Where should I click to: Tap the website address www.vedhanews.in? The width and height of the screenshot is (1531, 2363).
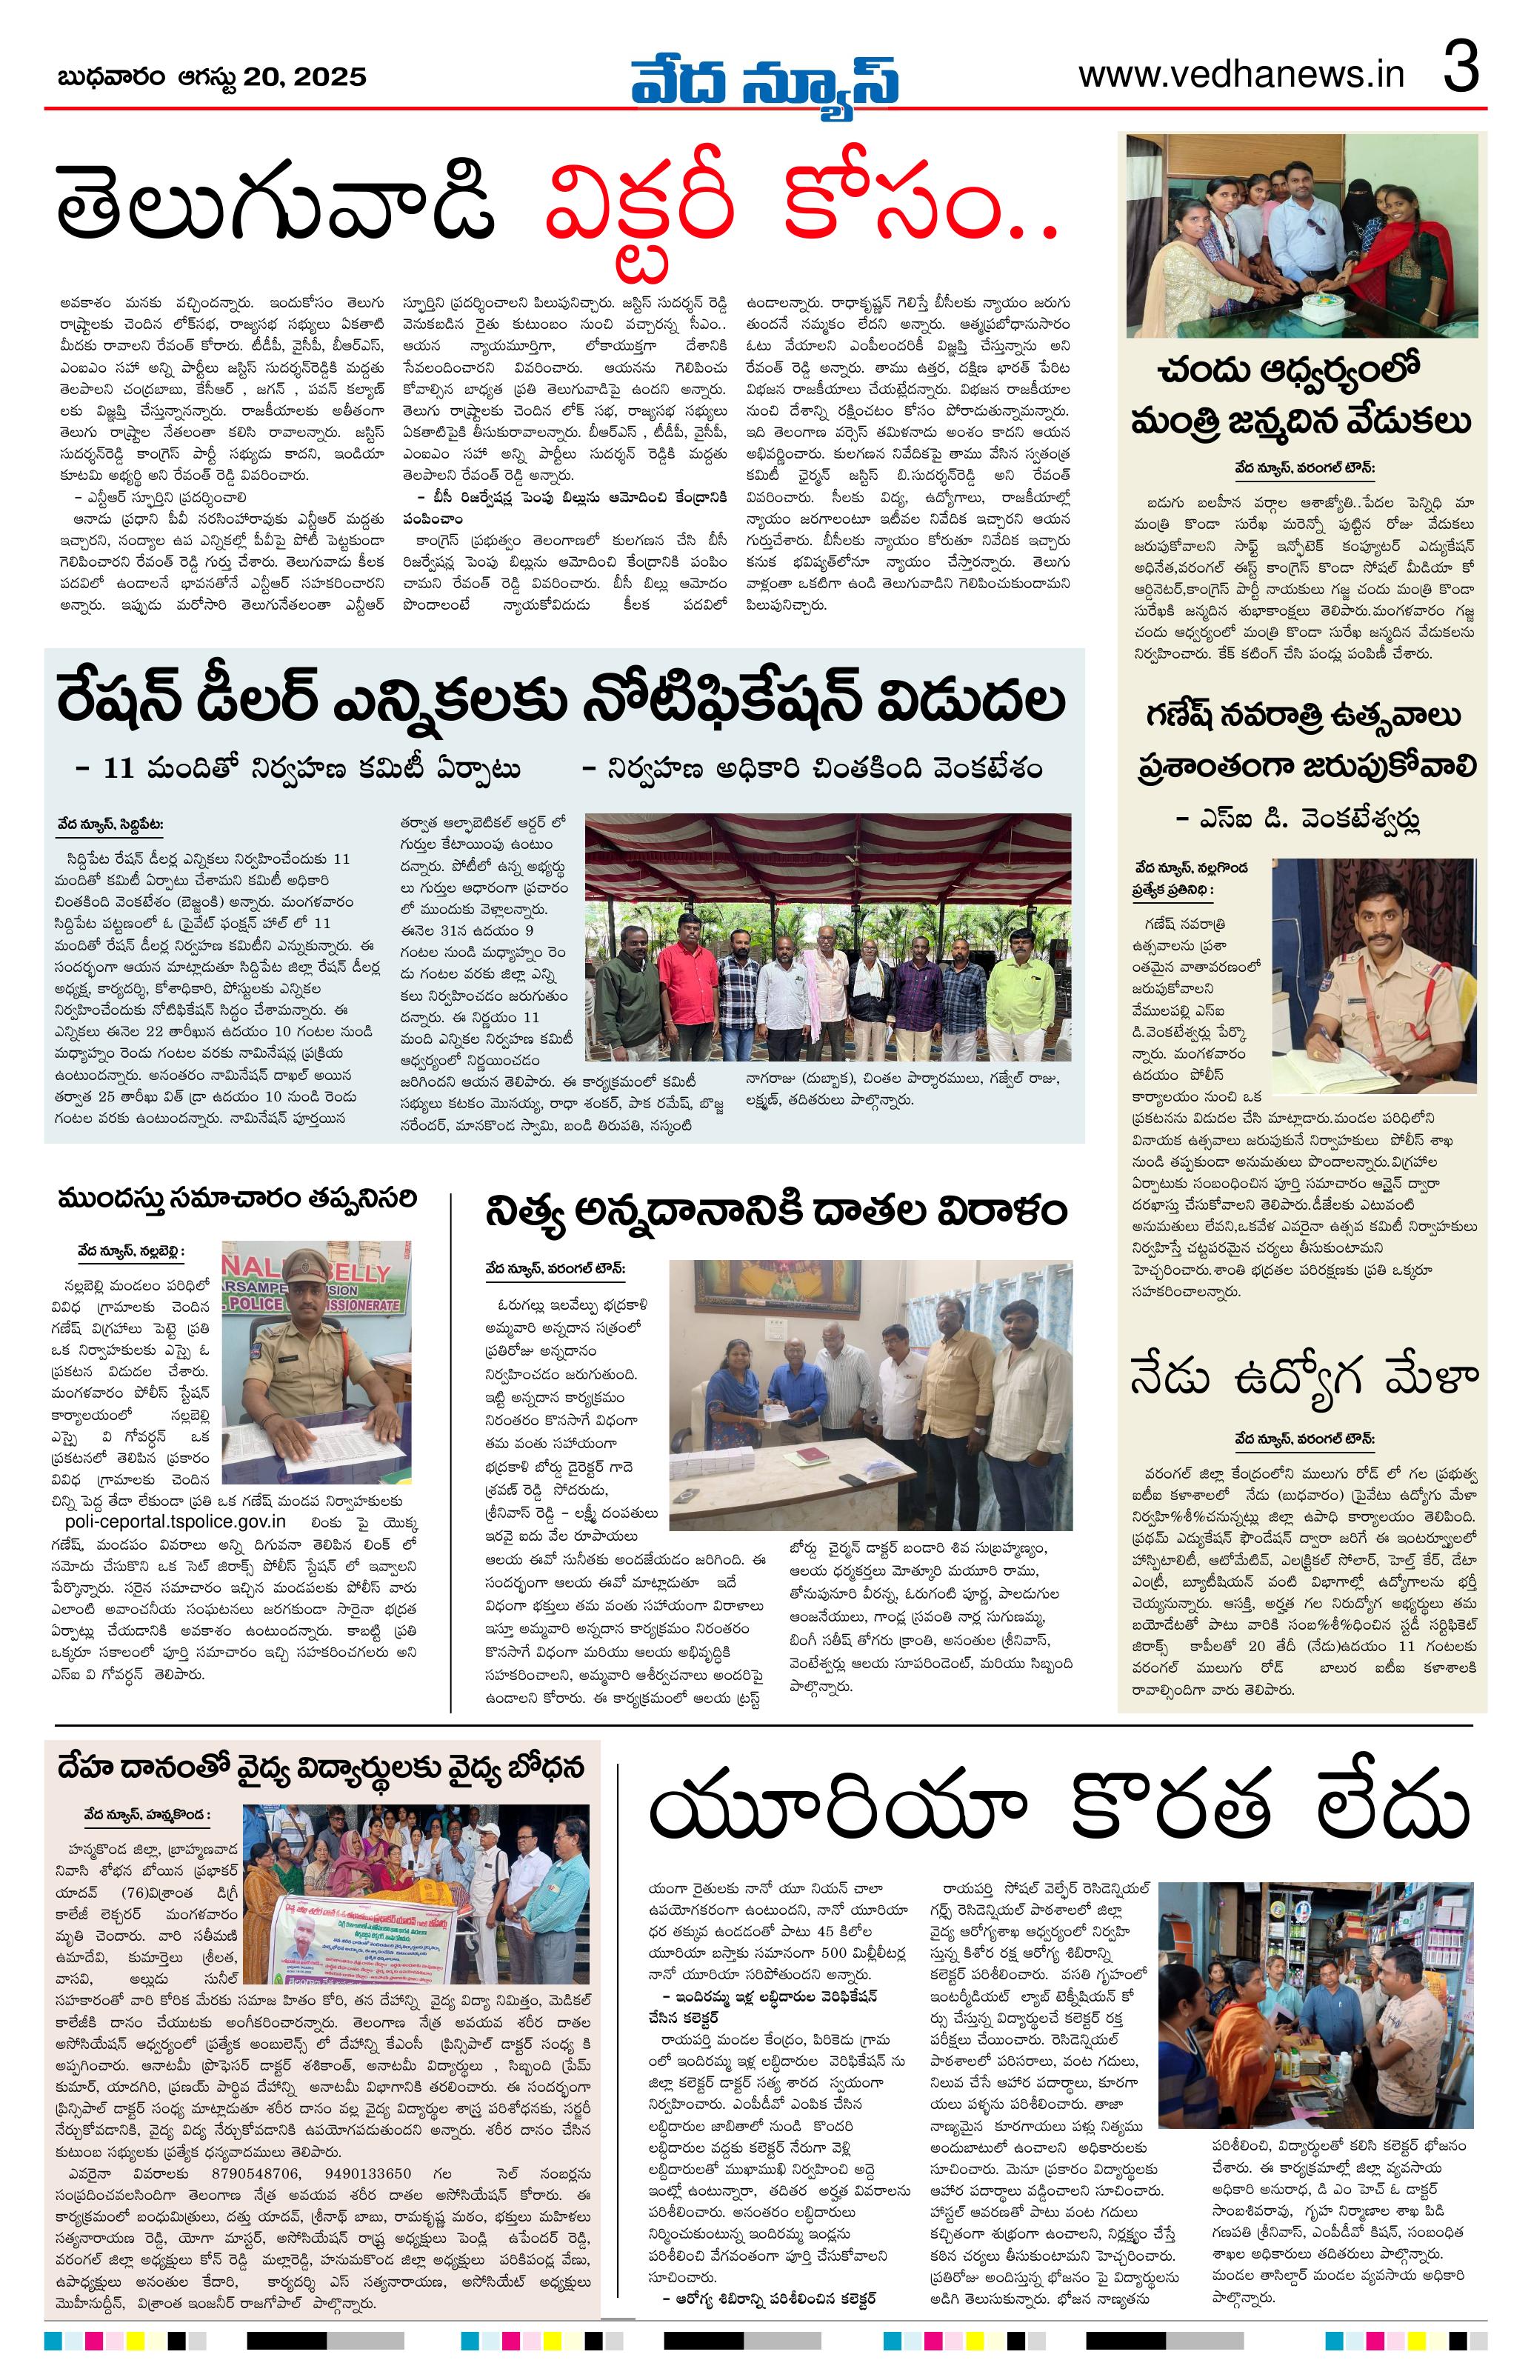1241,76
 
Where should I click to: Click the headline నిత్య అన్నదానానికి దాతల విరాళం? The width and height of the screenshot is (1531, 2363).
775,1211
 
